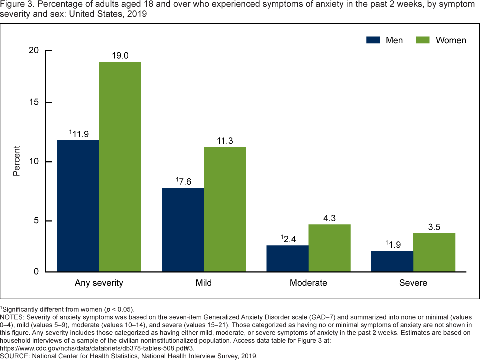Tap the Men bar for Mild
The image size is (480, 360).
(x=183, y=230)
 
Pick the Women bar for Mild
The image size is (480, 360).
(x=225, y=209)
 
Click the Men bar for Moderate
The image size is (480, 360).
(x=287, y=258)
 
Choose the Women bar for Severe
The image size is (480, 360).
(x=434, y=252)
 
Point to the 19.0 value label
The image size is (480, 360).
(x=120, y=56)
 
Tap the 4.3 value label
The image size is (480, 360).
(x=329, y=218)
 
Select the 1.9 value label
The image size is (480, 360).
(x=393, y=245)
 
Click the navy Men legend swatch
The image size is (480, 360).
(x=374, y=40)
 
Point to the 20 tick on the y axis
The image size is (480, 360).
(x=33, y=50)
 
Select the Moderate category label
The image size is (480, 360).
(x=308, y=283)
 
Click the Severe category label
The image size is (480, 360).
(x=413, y=283)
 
